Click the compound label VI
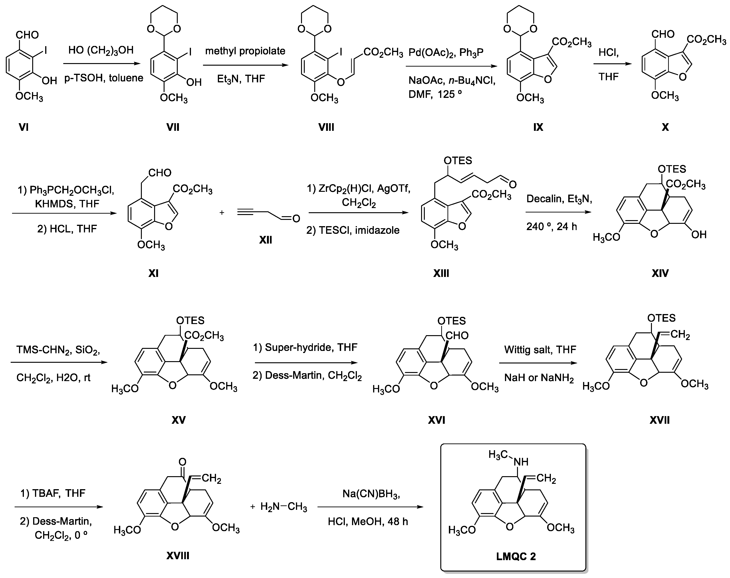point(24,127)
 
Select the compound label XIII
point(441,273)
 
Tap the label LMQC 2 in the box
point(516,556)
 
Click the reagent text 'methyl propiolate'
point(245,51)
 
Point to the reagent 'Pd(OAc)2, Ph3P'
point(446,53)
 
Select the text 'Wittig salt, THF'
point(540,349)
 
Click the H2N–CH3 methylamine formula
point(283,507)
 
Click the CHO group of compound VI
point(27,35)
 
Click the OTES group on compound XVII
point(661,318)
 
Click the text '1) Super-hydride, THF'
point(305,347)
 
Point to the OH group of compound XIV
point(698,234)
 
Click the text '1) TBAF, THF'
point(53,493)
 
